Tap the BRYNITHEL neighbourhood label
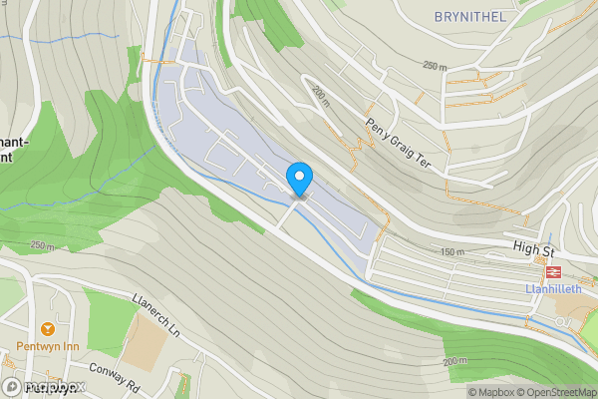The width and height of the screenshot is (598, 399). tap(470, 17)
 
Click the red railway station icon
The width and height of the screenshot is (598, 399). tap(550, 270)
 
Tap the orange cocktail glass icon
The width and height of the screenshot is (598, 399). tap(46, 329)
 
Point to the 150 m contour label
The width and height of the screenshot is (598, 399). tap(450, 252)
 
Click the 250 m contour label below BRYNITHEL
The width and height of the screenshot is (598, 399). tap(435, 66)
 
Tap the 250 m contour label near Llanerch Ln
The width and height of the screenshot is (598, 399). tap(42, 244)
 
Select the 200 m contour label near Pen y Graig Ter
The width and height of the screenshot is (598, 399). tap(319, 97)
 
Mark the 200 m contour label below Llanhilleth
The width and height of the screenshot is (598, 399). tap(453, 360)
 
